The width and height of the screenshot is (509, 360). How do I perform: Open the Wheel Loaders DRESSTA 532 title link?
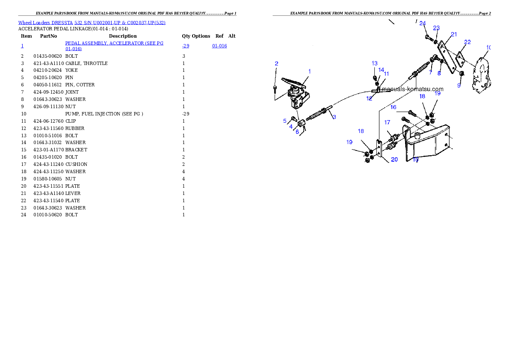92,23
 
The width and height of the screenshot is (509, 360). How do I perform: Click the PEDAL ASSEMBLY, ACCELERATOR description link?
114,46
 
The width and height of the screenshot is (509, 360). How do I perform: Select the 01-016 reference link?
219,46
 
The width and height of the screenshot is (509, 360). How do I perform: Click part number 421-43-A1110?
49,63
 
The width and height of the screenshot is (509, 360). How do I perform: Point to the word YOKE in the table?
71,70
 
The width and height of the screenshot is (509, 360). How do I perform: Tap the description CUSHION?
76,164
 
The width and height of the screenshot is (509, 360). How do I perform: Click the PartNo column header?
48,36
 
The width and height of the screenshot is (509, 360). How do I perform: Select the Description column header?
123,36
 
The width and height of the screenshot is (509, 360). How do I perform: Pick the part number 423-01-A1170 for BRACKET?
49,150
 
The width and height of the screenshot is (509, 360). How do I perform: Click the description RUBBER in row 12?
75,128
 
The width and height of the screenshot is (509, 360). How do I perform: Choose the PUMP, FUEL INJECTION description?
104,114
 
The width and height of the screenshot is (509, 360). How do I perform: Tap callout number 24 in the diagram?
422,24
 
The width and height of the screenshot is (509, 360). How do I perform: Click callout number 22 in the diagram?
468,42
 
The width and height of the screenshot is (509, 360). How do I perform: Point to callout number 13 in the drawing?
375,63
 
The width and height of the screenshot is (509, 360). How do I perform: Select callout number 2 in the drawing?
277,63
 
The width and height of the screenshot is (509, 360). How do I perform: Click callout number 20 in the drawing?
394,159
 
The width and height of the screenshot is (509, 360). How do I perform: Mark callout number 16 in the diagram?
394,107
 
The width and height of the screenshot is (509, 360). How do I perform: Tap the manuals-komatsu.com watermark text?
413,89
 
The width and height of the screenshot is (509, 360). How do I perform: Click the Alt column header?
232,36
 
